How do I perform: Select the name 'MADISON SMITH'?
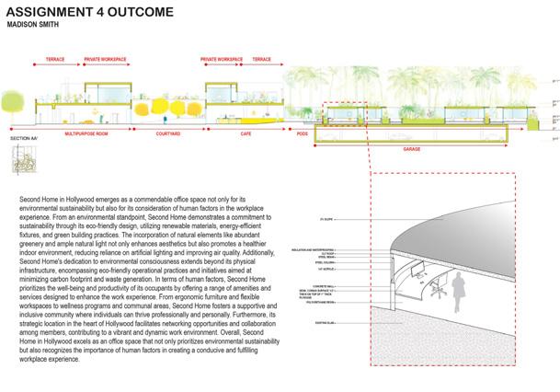point(40,26)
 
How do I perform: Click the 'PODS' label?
point(301,134)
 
